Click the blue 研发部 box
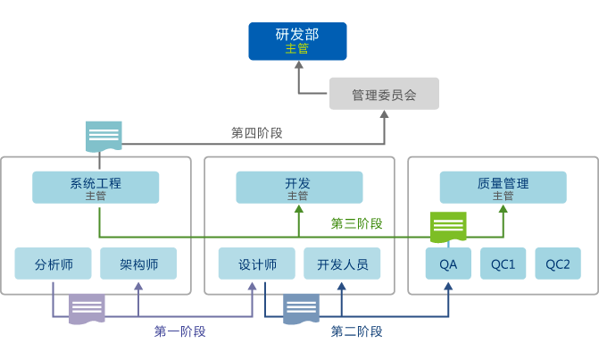297,41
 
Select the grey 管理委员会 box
384,94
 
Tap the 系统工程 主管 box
96,188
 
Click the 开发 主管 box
299,188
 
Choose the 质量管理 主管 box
503,188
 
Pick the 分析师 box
54,264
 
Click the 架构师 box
138,264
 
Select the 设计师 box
257,264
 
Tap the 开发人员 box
342,264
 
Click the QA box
448,264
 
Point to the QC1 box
503,264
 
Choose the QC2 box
558,264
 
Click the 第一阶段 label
179,331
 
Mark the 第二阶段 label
357,331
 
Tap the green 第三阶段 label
357,223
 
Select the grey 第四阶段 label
257,133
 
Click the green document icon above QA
448,227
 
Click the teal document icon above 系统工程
104,136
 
